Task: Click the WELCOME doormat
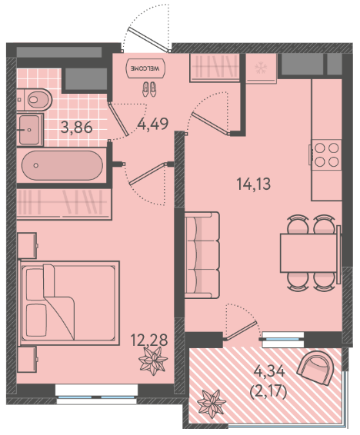click(x=145, y=68)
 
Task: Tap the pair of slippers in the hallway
click(x=149, y=89)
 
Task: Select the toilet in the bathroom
click(x=35, y=99)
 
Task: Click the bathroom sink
click(x=30, y=130)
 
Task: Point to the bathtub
click(x=62, y=165)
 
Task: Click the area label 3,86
click(x=77, y=128)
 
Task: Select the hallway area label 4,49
click(x=153, y=124)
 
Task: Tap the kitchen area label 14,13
click(x=253, y=184)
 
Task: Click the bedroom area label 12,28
click(x=149, y=340)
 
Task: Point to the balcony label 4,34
click(x=269, y=371)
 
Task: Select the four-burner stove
click(x=326, y=154)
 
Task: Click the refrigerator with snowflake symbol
click(x=262, y=68)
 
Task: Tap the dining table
click(x=309, y=253)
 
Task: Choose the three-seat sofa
click(x=202, y=255)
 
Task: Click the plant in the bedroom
click(x=153, y=360)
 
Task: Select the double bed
click(x=69, y=303)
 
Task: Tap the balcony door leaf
click(x=241, y=330)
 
